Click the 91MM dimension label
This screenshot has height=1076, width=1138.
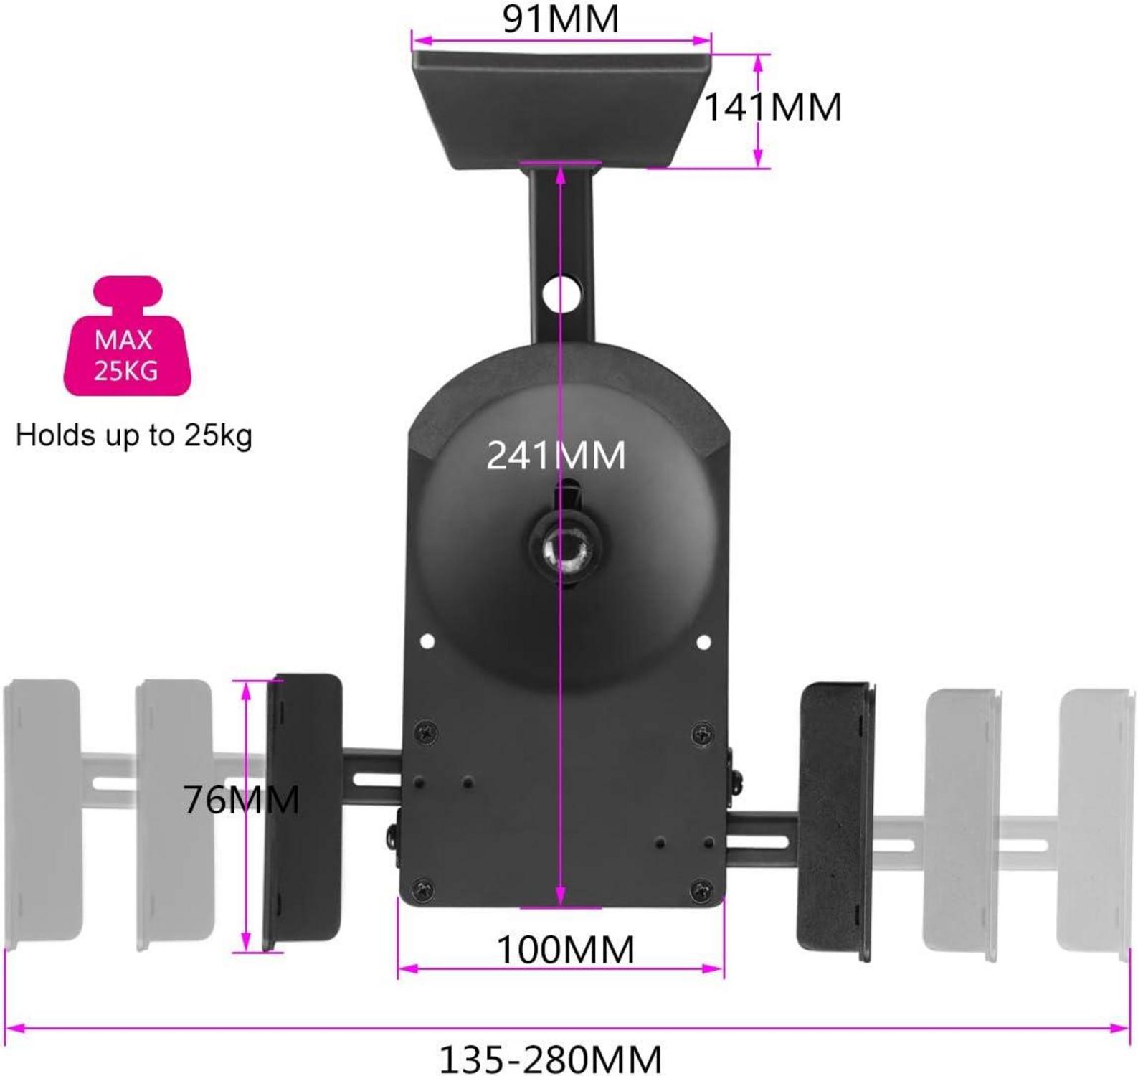tap(560, 19)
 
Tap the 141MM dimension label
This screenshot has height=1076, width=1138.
tap(773, 108)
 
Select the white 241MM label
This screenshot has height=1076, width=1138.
tap(556, 456)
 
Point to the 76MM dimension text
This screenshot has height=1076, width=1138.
tap(241, 799)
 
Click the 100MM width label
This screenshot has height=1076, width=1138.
tap(565, 950)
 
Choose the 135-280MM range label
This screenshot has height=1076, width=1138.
tap(550, 1059)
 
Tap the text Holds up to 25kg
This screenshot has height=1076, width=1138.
tap(134, 435)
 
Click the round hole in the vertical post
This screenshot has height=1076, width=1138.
tap(561, 293)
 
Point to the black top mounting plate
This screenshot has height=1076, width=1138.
tap(561, 108)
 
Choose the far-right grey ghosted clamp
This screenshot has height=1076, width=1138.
tap(1095, 821)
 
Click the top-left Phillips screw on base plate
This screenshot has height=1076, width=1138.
tap(425, 732)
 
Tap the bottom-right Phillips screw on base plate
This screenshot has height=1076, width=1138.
tap(701, 891)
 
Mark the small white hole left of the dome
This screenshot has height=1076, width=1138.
tap(427, 641)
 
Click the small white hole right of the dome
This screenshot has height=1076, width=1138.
tap(703, 642)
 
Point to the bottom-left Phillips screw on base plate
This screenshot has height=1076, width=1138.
tap(425, 889)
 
